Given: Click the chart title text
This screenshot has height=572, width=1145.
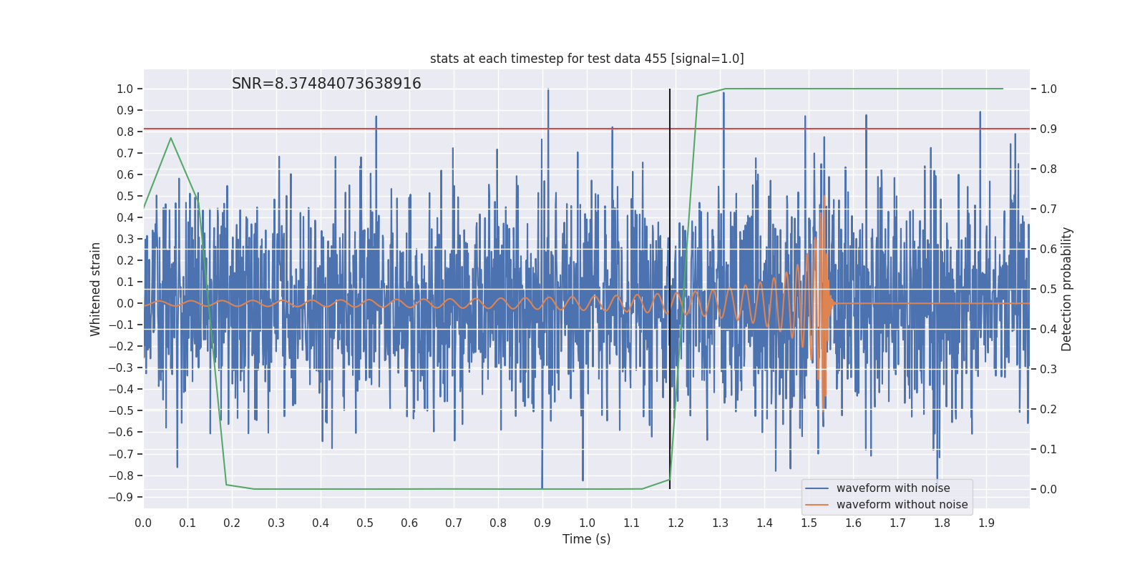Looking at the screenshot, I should point(587,59).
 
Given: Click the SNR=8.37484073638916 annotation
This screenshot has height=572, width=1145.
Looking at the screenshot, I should point(326,84).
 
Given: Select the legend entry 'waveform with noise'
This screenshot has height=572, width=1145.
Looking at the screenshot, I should point(893,488).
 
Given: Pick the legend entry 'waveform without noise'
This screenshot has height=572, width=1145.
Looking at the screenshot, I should point(902,505).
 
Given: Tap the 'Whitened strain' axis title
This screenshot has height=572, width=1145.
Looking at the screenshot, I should point(96,289).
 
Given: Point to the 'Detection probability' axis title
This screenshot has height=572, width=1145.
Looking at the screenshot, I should point(1067,289).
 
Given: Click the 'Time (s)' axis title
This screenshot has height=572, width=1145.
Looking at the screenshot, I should point(586,539).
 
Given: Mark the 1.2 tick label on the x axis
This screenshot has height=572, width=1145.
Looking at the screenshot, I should point(676,523).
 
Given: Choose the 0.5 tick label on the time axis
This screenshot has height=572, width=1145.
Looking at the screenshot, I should point(365,523).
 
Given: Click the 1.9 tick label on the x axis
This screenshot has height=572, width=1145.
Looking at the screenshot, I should point(986,523).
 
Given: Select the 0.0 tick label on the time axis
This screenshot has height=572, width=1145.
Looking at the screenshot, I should point(143,523).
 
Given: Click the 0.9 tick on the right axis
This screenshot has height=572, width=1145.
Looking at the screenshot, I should point(1048,129).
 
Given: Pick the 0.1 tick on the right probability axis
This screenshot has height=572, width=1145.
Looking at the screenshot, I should point(1048,450).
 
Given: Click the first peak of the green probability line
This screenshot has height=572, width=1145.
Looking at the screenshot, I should point(170,138).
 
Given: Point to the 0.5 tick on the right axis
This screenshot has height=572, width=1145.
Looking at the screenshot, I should point(1048,290).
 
